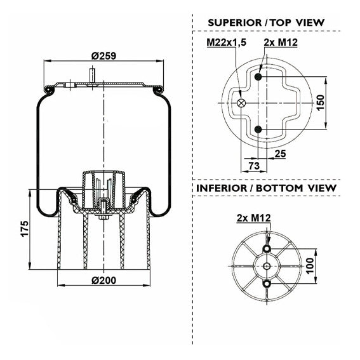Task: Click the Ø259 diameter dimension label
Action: pos(103,56)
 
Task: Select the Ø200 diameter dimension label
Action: pos(103,281)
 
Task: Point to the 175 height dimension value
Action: pos(25,229)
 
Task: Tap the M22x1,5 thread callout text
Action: pos(227,43)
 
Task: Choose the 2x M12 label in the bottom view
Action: pos(254,218)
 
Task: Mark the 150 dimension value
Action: pos(321,103)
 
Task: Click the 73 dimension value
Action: pos(254,166)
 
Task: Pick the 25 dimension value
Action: pos(281,154)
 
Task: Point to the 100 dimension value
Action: pos(310,266)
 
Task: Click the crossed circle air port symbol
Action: pos(241,103)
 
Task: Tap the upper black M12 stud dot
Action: pos(258,76)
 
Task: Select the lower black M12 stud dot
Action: pos(258,130)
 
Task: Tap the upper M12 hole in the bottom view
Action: pos(267,248)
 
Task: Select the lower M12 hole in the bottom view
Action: pos(267,284)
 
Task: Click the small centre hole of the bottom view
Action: pos(267,266)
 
